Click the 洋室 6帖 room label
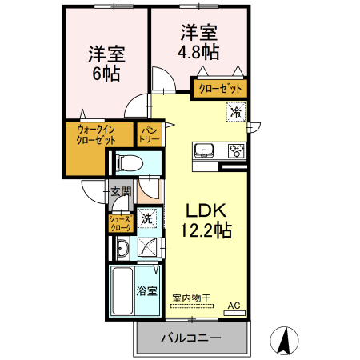coord(105,64)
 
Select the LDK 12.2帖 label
coord(208,221)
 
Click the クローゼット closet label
coord(218,87)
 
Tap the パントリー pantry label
coord(150,134)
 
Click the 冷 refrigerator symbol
coord(235,113)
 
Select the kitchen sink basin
coord(203,150)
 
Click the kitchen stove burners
coord(236,150)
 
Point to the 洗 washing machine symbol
coord(147,218)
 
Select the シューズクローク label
coord(120,223)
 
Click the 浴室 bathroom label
coord(146,291)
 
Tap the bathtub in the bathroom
coord(122,292)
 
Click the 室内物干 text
coord(191,298)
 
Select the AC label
coord(234,306)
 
